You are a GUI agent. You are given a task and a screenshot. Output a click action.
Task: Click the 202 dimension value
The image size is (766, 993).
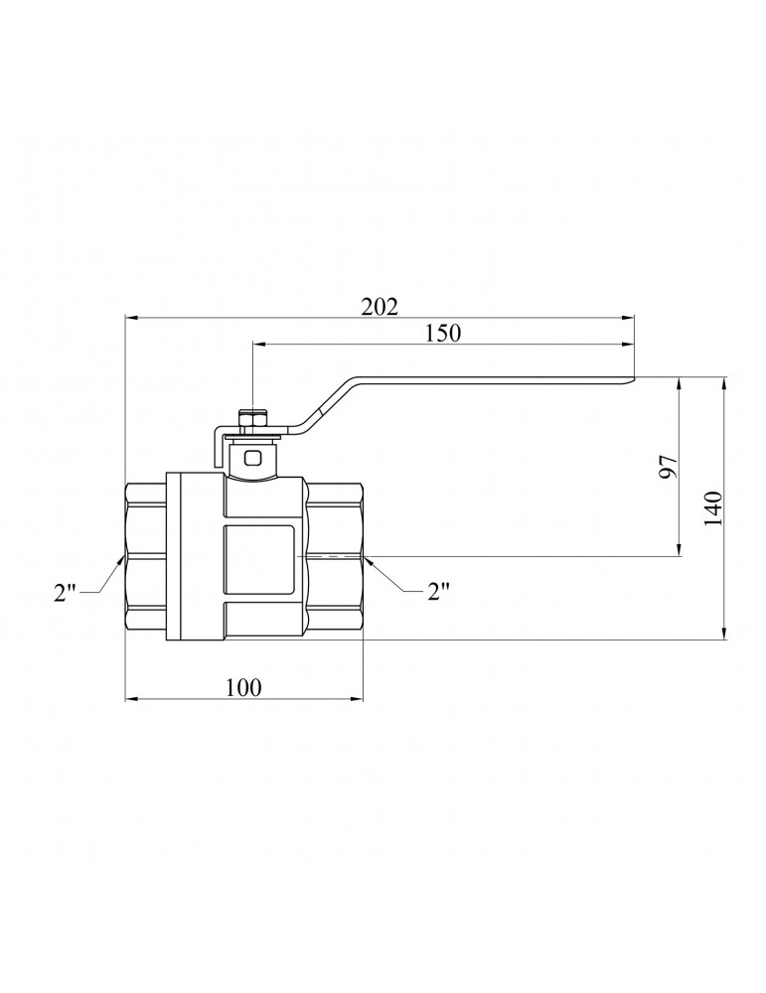point(380,307)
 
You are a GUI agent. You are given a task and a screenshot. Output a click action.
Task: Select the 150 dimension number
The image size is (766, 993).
point(443,333)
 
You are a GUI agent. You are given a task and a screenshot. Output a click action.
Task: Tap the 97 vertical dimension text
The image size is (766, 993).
point(668,466)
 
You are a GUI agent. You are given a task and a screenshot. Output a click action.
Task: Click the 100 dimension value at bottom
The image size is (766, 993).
point(243,687)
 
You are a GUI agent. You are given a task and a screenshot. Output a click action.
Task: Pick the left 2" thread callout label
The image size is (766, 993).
point(65,593)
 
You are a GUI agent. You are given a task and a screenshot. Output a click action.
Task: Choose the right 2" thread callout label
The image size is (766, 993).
point(438,592)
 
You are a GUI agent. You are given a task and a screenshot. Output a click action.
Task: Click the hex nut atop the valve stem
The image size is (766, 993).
point(252,420)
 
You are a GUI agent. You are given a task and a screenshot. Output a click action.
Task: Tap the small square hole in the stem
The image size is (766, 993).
point(252,457)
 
